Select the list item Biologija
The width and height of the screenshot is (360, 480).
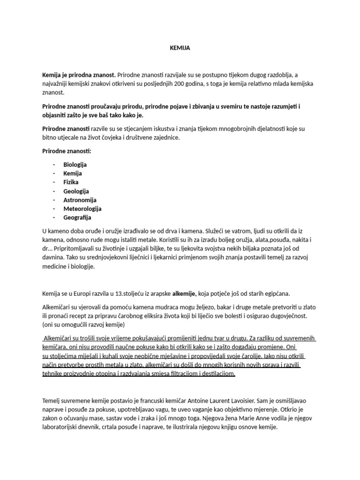[x=75, y=165]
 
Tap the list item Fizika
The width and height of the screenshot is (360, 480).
[x=71, y=182]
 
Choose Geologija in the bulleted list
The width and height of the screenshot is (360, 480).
[x=76, y=191]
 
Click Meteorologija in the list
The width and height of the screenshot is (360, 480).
[x=82, y=209]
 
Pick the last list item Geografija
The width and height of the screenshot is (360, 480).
[x=77, y=217]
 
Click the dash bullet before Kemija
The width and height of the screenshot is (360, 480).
[x=54, y=173]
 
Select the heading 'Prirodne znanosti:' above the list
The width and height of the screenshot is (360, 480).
[x=67, y=151]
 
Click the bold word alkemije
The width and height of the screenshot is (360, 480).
[x=184, y=294]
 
